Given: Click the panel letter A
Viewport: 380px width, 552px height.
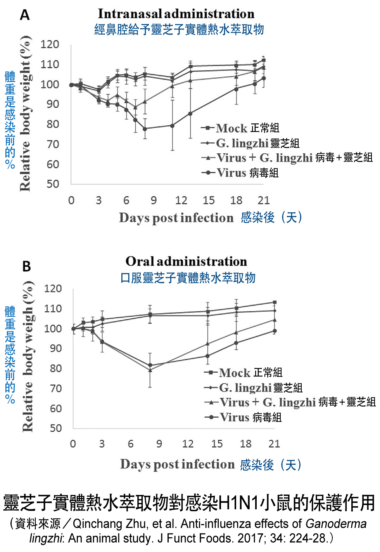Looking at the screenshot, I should click(x=25, y=15).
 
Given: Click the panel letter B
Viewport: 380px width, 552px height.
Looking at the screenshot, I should click(x=26, y=267).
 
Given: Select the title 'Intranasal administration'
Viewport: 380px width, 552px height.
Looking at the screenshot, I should click(x=176, y=14).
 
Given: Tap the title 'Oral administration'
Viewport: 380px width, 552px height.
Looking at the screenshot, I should click(x=186, y=261).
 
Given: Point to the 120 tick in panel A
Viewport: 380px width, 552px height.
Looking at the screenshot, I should click(x=50, y=44).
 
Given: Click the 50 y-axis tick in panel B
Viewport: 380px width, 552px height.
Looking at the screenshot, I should click(x=55, y=428).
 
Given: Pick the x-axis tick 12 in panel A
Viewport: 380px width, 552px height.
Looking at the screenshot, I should click(x=181, y=200).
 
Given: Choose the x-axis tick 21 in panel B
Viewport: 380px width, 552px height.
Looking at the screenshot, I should click(x=274, y=444).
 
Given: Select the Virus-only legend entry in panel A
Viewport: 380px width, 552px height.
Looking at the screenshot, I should click(x=231, y=172).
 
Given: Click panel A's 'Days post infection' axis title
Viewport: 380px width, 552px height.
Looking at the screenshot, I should click(x=176, y=218).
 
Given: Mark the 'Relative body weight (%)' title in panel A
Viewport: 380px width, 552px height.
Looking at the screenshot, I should click(x=25, y=113).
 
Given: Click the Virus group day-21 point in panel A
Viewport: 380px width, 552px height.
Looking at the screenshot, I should click(x=264, y=78).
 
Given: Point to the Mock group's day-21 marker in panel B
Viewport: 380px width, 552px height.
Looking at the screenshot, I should click(x=275, y=302).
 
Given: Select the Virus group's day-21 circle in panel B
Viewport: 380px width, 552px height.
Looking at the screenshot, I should click(x=275, y=331).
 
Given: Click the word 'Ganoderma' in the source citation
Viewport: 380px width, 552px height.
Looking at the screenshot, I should click(x=336, y=524).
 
